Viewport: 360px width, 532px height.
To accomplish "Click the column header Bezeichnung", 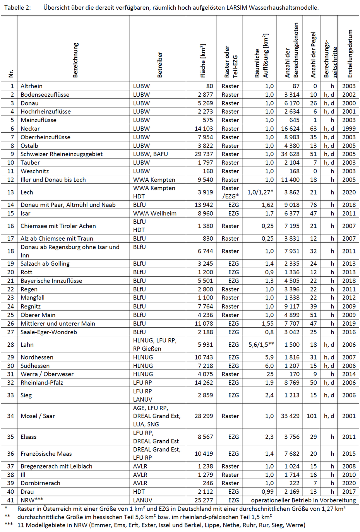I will click(x=75, y=60).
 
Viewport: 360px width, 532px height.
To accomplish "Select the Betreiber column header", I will click(x=160, y=65).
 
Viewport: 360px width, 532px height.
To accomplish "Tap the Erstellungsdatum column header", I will click(x=350, y=53).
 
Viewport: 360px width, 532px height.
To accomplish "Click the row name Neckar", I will click(x=30, y=128).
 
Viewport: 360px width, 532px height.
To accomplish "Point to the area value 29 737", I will click(x=204, y=154).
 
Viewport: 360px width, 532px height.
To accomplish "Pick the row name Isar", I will click(x=26, y=213).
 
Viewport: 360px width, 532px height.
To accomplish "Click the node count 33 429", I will click(x=290, y=416).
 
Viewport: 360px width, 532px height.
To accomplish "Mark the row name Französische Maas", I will click(x=46, y=453).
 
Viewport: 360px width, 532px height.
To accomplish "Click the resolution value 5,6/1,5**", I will click(x=261, y=344).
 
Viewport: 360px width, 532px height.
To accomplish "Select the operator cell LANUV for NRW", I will click(x=142, y=500).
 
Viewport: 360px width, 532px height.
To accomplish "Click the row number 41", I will click(x=10, y=500).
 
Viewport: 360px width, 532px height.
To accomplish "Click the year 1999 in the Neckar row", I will click(x=349, y=128).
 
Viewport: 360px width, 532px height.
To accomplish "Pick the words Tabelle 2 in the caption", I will click(x=17, y=7).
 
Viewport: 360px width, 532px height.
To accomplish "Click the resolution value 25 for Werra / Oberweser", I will click(x=270, y=374).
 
